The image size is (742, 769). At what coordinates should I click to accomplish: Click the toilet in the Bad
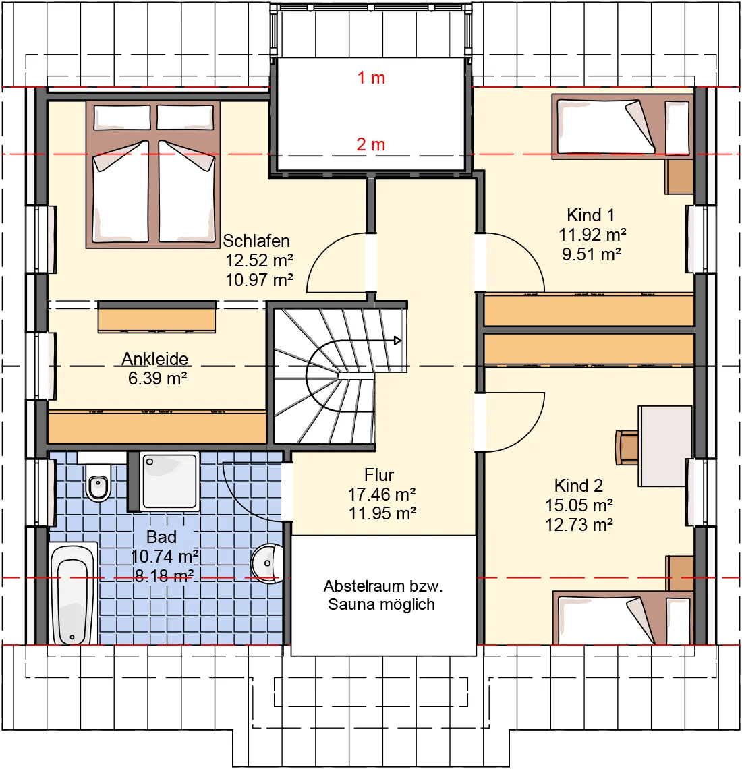[98, 482]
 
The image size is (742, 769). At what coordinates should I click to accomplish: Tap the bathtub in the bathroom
[73, 594]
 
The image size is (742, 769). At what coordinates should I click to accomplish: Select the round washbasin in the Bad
[268, 563]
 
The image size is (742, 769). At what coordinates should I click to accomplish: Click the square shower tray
[170, 481]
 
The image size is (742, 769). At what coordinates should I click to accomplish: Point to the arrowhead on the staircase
[397, 341]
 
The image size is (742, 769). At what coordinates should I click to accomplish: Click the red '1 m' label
[371, 78]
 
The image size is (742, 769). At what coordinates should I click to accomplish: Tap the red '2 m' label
[371, 144]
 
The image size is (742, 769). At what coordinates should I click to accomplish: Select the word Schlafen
[256, 241]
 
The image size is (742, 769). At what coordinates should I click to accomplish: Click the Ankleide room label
[155, 358]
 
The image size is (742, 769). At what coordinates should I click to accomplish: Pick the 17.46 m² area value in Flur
[382, 494]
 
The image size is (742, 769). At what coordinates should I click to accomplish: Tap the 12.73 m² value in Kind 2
[579, 525]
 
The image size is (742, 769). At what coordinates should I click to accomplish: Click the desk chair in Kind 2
[627, 447]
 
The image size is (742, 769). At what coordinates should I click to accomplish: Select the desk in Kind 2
[665, 447]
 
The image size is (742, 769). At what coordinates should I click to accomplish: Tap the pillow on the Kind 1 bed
[677, 127]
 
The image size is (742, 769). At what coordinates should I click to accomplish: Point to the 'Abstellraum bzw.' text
[383, 586]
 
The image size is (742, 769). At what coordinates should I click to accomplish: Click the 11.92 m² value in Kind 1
[592, 235]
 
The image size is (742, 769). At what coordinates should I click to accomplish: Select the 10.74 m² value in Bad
[165, 557]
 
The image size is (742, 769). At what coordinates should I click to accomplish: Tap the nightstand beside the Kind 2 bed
[679, 573]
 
